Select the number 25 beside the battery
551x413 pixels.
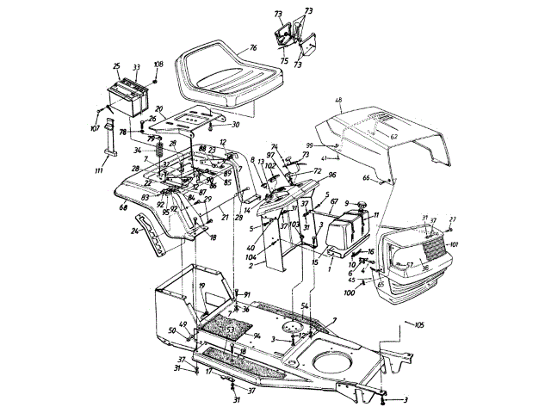point(116,65)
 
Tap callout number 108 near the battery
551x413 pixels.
point(158,65)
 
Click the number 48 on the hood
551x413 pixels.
point(339,100)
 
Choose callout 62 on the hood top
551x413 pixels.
point(394,136)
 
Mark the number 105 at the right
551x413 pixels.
point(420,325)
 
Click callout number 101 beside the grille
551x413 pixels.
point(455,243)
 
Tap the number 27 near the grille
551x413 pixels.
point(453,219)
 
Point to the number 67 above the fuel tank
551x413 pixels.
point(333,200)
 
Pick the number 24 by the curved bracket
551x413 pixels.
point(134,231)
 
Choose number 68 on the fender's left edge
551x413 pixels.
point(124,206)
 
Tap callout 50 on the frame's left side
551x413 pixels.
point(172,330)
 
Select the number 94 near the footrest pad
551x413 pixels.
point(257,336)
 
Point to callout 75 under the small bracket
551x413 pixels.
point(283,61)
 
